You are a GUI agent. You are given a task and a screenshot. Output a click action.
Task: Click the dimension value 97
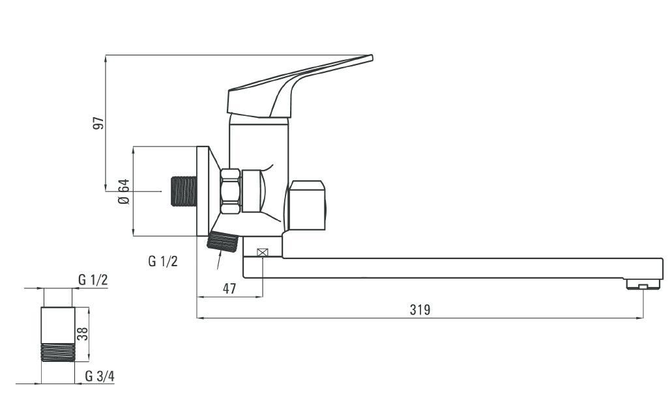pyautogui.click(x=98, y=123)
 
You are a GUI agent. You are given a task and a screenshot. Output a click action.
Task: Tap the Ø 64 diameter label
pyautogui.click(x=124, y=191)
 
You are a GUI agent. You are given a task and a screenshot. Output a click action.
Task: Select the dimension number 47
pyautogui.click(x=229, y=289)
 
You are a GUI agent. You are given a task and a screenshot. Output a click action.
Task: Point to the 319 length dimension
pyautogui.click(x=420, y=309)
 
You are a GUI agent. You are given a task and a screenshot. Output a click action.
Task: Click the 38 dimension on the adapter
pyautogui.click(x=82, y=334)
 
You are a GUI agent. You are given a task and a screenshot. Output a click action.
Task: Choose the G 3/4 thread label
pyautogui.click(x=100, y=376)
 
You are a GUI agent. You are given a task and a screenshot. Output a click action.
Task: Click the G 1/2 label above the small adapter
pyautogui.click(x=93, y=280)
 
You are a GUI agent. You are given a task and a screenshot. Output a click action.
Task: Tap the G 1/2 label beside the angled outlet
pyautogui.click(x=163, y=260)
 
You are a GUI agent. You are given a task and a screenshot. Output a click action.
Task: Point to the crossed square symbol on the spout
pyautogui.click(x=262, y=253)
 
